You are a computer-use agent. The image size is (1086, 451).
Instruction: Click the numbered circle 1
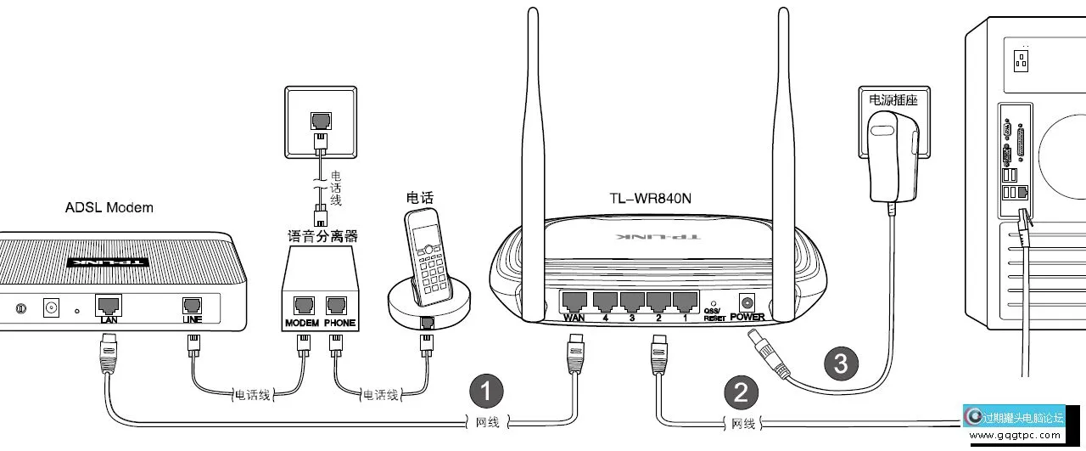point(486,392)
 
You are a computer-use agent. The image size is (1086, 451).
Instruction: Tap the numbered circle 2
point(740,392)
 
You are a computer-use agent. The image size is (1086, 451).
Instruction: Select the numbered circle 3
point(840,364)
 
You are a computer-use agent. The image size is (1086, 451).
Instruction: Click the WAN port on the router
point(574,301)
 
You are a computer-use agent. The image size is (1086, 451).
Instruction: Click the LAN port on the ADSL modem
point(108,304)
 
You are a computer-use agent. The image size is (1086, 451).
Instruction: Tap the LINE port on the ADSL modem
point(193,305)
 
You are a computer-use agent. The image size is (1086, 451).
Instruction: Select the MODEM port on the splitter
point(303,307)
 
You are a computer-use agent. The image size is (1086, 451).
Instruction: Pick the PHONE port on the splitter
point(339,307)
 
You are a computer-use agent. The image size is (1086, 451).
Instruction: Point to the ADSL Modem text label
point(109,207)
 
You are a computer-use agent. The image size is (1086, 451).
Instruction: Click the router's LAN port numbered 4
point(604,301)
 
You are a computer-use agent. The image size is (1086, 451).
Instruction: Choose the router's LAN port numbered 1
point(685,301)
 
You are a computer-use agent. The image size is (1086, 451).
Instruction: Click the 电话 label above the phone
point(420,197)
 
